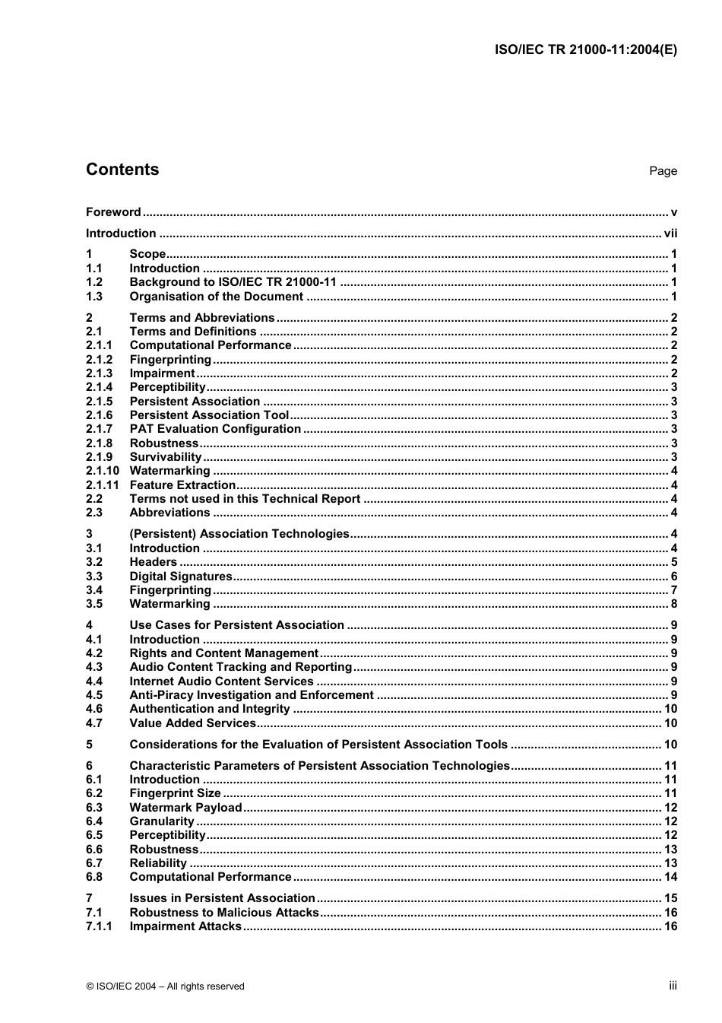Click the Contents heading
(x=122, y=170)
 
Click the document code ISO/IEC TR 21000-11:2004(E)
(x=585, y=50)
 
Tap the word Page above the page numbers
(x=663, y=171)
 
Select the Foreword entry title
(x=113, y=212)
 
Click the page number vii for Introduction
(x=670, y=234)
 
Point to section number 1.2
(x=94, y=282)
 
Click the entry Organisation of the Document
(x=216, y=297)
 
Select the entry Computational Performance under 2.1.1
(x=210, y=345)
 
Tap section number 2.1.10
(x=102, y=471)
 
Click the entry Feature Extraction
(x=182, y=485)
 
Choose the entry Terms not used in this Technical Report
(x=245, y=499)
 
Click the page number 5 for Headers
(x=673, y=562)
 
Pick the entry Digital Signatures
(x=181, y=577)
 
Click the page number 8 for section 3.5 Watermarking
(x=673, y=604)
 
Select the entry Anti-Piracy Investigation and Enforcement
(x=252, y=695)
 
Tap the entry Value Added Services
(x=192, y=723)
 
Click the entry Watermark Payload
(x=185, y=808)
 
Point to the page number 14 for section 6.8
(x=670, y=877)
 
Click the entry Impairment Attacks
(x=185, y=926)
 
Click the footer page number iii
(x=673, y=986)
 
